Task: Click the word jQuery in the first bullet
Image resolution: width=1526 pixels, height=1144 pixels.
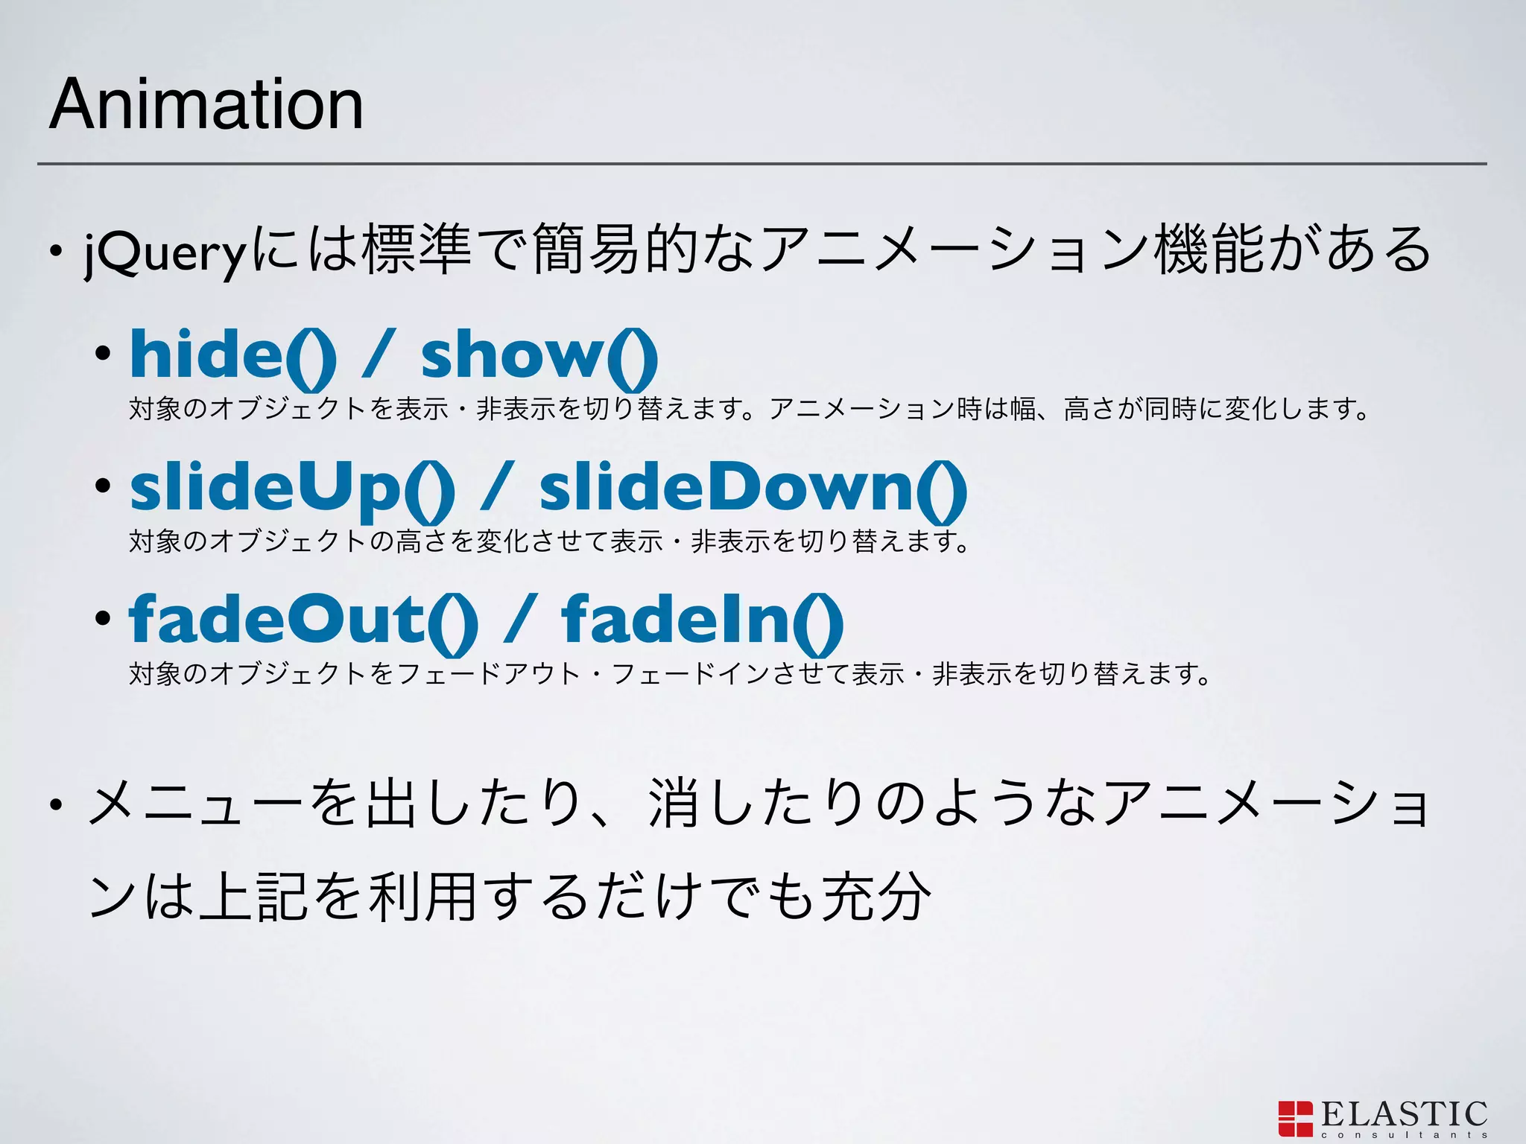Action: tap(165, 252)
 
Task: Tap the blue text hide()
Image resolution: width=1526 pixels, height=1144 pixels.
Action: tap(233, 355)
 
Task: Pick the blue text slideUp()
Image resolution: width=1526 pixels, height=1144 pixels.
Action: tap(292, 488)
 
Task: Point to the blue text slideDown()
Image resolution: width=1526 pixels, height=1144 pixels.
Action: tap(753, 488)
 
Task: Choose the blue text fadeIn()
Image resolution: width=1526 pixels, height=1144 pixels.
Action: tap(703, 620)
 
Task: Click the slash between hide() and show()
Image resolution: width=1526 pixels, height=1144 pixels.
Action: tap(378, 355)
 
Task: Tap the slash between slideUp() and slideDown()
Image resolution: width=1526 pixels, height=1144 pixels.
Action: tap(496, 488)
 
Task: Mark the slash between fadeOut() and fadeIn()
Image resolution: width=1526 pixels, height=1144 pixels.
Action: tap(519, 620)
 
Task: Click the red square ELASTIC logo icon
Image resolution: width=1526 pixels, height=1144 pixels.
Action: tap(1295, 1119)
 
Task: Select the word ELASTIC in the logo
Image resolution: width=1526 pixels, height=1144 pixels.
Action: tap(1405, 1114)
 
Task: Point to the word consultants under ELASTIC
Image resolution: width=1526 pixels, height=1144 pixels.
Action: tap(1405, 1136)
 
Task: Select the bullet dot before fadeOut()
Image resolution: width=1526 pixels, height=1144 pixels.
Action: tap(103, 618)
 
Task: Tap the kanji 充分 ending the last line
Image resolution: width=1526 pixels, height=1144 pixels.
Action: tap(876, 896)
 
